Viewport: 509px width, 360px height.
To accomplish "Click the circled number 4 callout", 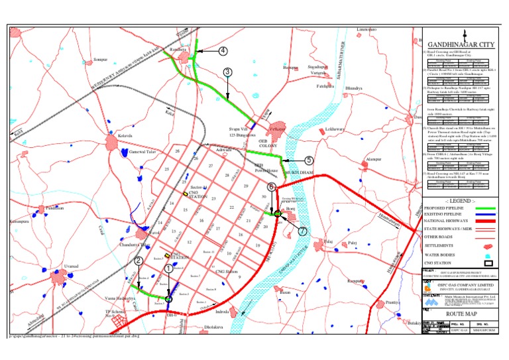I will tap(223, 50).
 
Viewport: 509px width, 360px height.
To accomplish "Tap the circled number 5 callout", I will tap(309, 160).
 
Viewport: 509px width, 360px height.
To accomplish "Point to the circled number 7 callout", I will tap(302, 231).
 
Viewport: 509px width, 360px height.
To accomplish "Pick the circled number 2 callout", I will tap(139, 261).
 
